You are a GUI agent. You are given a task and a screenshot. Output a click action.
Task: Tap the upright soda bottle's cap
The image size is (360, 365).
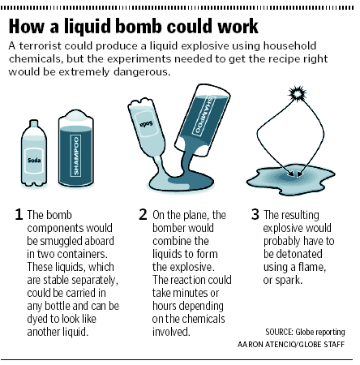[x=34, y=123]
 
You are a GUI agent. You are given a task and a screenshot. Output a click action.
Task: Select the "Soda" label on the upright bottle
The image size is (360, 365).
[x=34, y=161]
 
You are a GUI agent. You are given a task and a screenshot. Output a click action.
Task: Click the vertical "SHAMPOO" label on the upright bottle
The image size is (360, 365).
[x=76, y=156]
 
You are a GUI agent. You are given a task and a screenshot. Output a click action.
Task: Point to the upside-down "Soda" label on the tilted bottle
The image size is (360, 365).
[x=146, y=124]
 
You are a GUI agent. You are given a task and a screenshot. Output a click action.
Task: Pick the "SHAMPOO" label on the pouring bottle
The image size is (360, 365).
[x=204, y=115]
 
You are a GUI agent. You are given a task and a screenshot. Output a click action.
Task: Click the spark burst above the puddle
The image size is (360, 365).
[x=298, y=94]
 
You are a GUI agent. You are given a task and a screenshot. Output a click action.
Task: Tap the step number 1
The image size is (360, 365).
[x=19, y=214]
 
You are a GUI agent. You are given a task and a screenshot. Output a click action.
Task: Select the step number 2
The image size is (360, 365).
[x=143, y=214]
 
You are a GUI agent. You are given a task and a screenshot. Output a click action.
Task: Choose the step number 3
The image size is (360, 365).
[x=255, y=214]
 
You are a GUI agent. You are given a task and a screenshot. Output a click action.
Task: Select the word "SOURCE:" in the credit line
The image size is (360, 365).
[x=279, y=332]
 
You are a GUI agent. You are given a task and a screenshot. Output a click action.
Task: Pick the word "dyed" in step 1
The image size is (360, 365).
[x=36, y=320]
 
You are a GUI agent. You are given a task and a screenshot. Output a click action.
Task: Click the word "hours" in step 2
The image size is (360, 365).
[x=165, y=306]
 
